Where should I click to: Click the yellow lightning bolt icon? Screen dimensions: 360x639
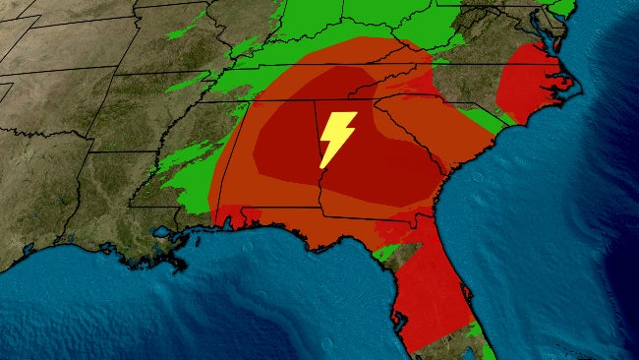click(x=337, y=139)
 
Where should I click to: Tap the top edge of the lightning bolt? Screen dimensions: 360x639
click(x=343, y=113)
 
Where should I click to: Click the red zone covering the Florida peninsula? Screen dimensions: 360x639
click(x=428, y=285)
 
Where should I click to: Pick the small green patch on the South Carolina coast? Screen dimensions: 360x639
click(x=482, y=122)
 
